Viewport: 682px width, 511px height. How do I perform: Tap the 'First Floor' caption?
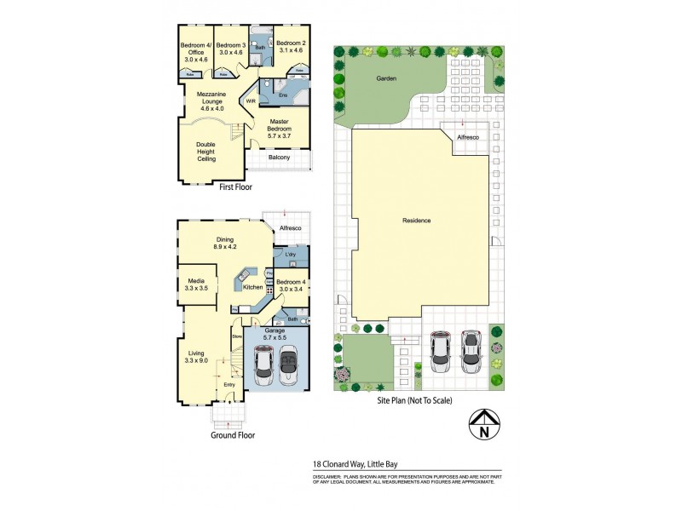point(236,187)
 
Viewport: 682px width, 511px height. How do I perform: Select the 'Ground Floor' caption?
point(234,434)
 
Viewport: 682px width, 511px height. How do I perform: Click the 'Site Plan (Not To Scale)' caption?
point(414,400)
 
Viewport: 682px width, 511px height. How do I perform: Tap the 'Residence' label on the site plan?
point(417,221)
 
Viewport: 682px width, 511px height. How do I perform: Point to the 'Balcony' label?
point(279,158)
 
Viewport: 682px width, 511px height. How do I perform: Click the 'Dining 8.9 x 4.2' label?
point(225,244)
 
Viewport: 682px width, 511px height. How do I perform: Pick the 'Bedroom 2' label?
point(291,47)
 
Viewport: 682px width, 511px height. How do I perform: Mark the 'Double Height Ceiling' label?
point(205,152)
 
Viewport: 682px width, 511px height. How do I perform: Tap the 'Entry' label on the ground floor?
point(229,385)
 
